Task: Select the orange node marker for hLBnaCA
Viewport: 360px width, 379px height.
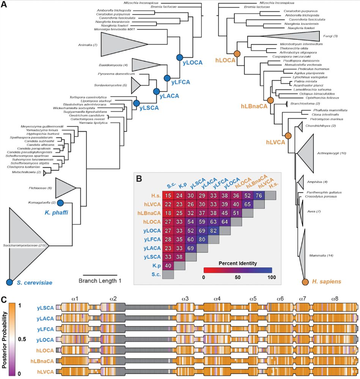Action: (270, 100)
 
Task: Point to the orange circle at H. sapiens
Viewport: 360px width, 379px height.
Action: (305, 281)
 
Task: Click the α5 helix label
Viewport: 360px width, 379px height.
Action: (253, 299)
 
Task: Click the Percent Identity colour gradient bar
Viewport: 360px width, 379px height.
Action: (237, 270)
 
